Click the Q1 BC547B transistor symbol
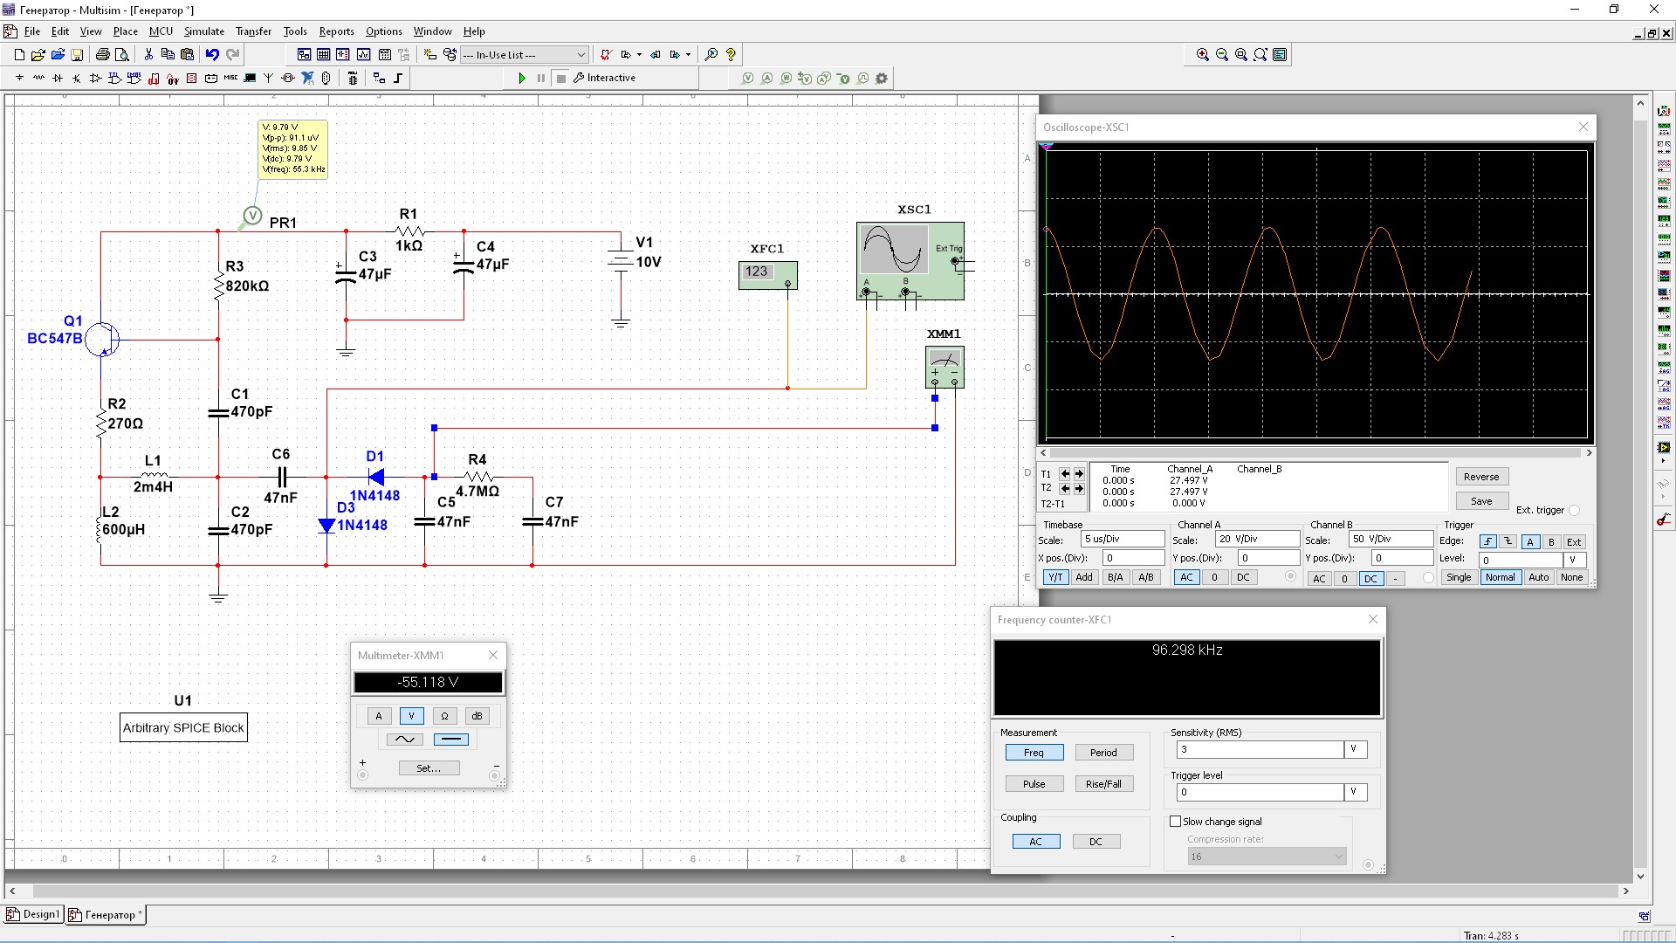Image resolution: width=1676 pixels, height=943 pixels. pyautogui.click(x=102, y=339)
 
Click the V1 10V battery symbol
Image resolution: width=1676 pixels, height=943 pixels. pyautogui.click(x=621, y=261)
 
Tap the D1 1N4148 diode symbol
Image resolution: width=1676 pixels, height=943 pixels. pyautogui.click(x=376, y=477)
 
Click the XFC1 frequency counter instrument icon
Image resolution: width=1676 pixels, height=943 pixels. pyautogui.click(x=767, y=274)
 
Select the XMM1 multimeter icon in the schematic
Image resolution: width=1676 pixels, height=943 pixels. pyautogui.click(x=944, y=366)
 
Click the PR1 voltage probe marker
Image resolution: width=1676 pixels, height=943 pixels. pyautogui.click(x=251, y=216)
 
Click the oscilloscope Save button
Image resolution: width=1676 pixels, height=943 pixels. pyautogui.click(x=1481, y=501)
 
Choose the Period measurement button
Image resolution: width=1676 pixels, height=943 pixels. pyautogui.click(x=1103, y=753)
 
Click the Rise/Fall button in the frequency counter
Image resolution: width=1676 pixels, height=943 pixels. pyautogui.click(x=1103, y=784)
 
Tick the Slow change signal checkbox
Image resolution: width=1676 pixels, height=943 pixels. pyautogui.click(x=1176, y=822)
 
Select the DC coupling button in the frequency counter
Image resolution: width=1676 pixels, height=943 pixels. pyautogui.click(x=1096, y=842)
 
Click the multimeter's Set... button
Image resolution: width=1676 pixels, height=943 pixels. pyautogui.click(x=429, y=768)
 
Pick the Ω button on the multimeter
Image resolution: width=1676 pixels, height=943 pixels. pyautogui.click(x=444, y=716)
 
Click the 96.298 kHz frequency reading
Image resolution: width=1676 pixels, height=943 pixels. pyautogui.click(x=1187, y=650)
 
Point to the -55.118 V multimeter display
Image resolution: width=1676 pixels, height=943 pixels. pyautogui.click(x=428, y=682)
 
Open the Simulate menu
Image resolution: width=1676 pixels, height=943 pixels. pyautogui.click(x=203, y=31)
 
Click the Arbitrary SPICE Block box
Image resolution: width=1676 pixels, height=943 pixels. pyautogui.click(x=183, y=727)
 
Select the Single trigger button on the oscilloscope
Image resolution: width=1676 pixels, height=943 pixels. pyautogui.click(x=1459, y=577)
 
